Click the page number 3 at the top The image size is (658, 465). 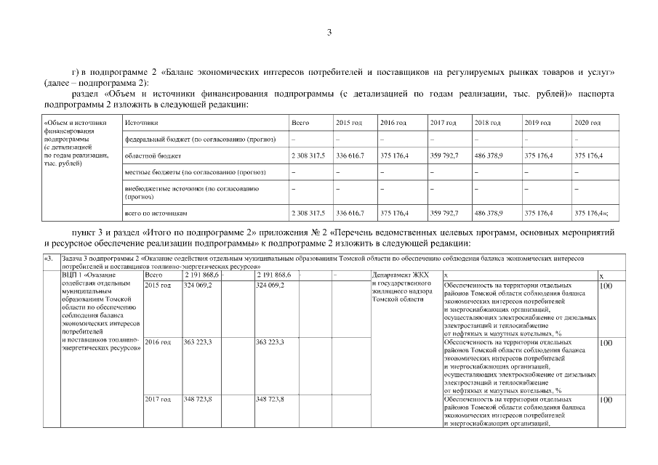coord(329,32)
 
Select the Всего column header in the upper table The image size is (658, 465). coord(300,123)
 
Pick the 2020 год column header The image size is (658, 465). coord(587,123)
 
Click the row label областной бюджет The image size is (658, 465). coord(148,155)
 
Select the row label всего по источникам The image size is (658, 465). coord(156,214)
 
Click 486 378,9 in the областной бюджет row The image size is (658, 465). coord(488,155)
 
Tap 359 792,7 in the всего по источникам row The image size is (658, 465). coord(444,214)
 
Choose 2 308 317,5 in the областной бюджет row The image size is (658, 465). coord(308,155)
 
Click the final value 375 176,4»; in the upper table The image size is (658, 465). coord(591,214)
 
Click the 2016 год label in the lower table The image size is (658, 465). coord(159,341)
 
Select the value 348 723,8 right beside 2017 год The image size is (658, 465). coord(198,399)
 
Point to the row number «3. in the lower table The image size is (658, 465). coord(49,258)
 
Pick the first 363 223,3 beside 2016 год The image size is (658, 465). coord(198,341)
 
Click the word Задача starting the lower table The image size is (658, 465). coord(73,258)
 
